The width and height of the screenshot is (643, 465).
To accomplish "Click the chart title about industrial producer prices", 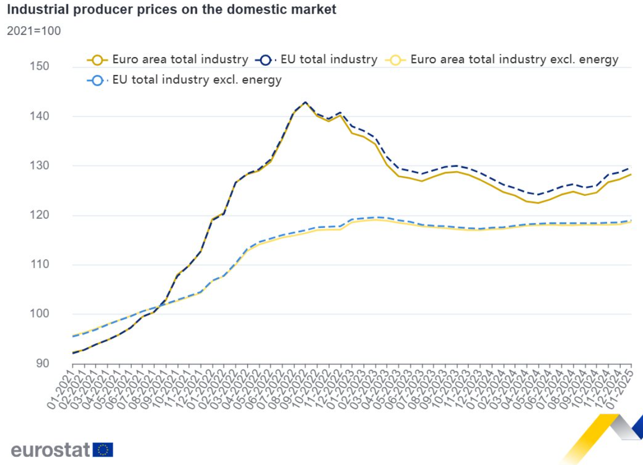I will [171, 9].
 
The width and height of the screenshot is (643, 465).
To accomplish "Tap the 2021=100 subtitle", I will [34, 31].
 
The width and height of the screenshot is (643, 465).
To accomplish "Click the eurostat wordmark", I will [50, 450].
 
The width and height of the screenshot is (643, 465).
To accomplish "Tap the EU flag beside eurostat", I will [103, 450].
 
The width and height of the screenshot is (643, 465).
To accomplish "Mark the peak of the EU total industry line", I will [305, 102].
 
